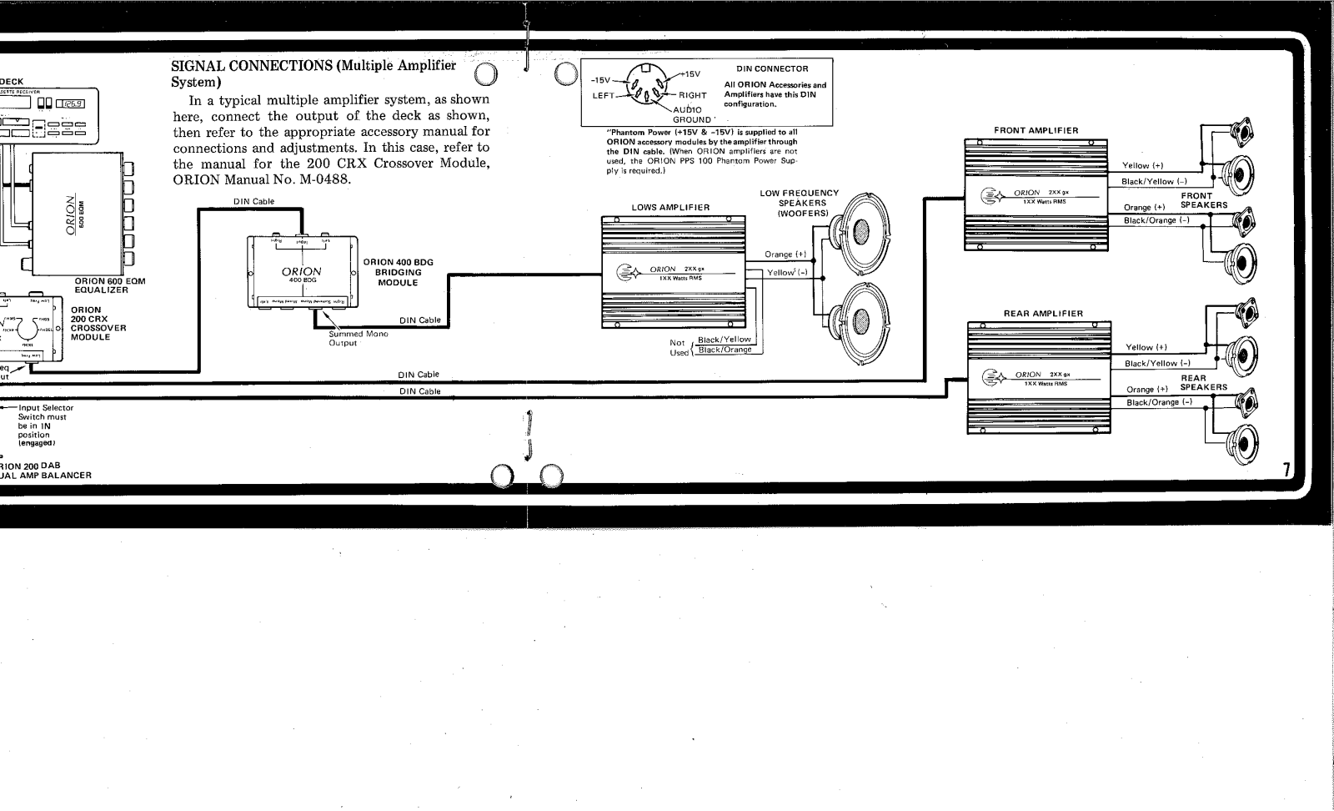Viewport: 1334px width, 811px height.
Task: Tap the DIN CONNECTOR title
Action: tap(772, 68)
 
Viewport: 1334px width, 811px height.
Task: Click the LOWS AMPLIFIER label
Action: tap(670, 208)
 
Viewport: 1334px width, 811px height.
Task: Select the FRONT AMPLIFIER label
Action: tap(1036, 130)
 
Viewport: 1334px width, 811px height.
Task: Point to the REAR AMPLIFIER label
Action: tap(1043, 314)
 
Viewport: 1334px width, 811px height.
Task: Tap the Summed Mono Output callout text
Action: tap(358, 338)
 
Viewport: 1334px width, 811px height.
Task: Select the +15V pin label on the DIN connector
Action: tap(693, 74)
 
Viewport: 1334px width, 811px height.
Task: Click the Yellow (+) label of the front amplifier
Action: tap(1147, 166)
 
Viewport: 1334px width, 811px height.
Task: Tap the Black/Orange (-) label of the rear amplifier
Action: tap(1159, 402)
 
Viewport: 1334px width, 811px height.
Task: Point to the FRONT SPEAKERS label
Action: tap(1202, 200)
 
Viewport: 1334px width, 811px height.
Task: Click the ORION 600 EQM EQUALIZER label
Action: tap(109, 285)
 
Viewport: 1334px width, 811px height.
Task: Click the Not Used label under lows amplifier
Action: tap(680, 347)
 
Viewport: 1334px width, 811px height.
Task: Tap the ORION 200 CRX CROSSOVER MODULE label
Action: tap(98, 324)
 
